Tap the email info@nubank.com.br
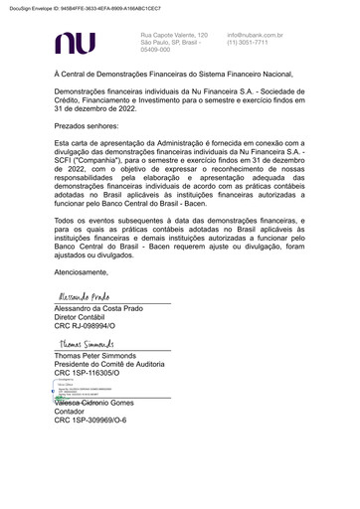click(255, 35)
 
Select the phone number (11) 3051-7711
click(248, 43)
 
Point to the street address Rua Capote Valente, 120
click(174, 35)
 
